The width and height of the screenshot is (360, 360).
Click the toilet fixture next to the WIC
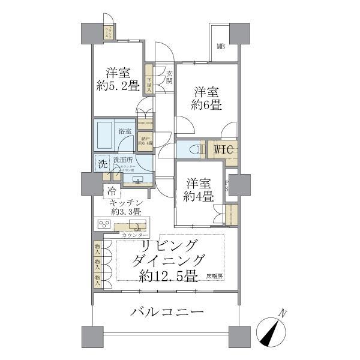(191, 149)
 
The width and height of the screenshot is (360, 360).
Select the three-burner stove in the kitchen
(104, 224)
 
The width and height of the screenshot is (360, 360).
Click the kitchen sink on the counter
(138, 226)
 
